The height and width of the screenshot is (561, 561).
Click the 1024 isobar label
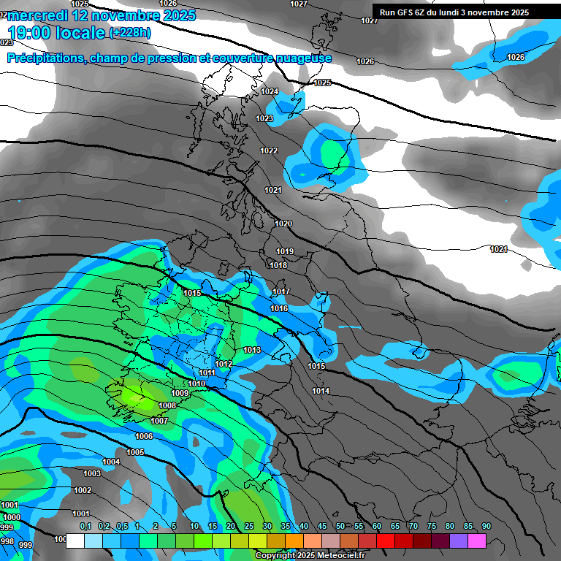pos(270,91)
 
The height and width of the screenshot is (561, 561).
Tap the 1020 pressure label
pos(283,224)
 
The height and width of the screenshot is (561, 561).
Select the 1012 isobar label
pos(224,364)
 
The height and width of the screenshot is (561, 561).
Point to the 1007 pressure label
pos(159,421)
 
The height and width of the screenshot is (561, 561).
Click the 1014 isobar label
pos(321,391)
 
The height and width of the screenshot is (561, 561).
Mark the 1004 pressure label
pos(111,462)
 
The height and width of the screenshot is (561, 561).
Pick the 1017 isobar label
pos(280,292)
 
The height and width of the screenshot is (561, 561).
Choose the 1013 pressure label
pos(252,351)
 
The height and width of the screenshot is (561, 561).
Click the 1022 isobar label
pos(269,150)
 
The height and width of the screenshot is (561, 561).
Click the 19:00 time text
pos(35,33)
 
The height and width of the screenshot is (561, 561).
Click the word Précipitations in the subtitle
pos(45,58)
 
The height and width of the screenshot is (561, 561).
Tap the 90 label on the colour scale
pos(486,526)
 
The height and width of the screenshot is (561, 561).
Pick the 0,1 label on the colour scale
pos(85,526)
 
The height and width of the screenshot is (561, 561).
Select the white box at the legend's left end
pos(75,541)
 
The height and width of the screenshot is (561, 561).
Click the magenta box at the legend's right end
pos(476,541)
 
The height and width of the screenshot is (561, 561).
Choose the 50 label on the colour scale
pos(340,526)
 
